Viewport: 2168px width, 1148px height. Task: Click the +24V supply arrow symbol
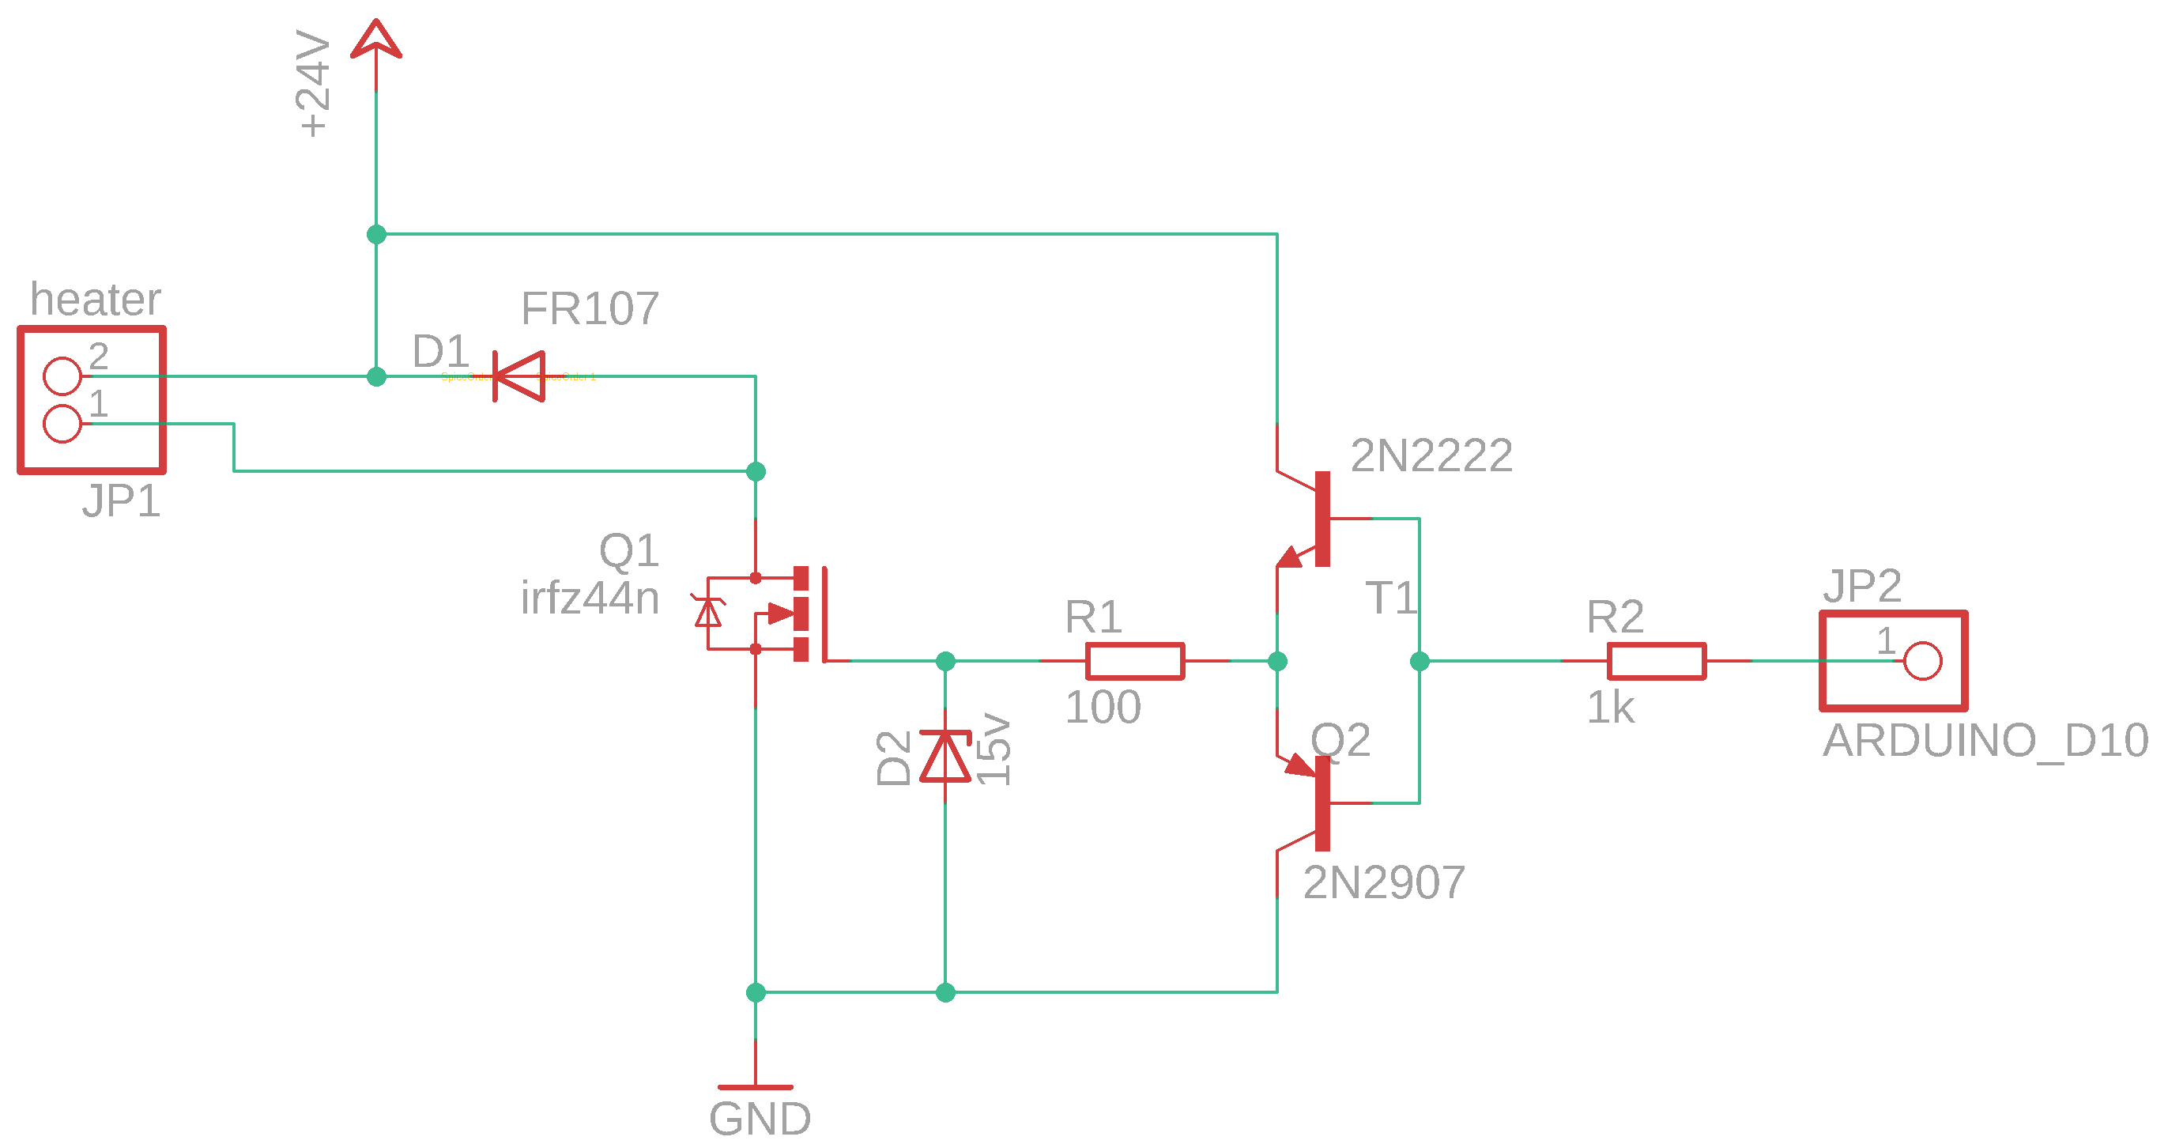(x=375, y=40)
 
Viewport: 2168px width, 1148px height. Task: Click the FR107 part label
(x=589, y=308)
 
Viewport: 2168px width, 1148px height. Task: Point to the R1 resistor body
(x=1134, y=662)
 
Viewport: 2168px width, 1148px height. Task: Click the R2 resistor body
(x=1657, y=662)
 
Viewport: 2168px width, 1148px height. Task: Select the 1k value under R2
(x=1609, y=707)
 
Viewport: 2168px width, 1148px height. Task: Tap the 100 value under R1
(x=1103, y=707)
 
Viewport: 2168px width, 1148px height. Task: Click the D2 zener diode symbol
(x=945, y=757)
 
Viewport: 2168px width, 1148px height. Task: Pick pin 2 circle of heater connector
(x=62, y=376)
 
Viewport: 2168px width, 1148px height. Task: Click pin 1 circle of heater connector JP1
(x=62, y=423)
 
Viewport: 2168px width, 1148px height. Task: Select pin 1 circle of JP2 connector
(x=1922, y=662)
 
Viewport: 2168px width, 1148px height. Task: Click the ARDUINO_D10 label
(x=1985, y=741)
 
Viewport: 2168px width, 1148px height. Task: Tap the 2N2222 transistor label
(x=1431, y=455)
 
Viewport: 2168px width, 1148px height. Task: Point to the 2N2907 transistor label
(x=1384, y=883)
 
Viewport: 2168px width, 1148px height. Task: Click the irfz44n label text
(x=589, y=599)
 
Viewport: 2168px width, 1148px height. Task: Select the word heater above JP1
(x=95, y=300)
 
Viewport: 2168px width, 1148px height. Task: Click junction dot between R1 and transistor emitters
(x=1276, y=662)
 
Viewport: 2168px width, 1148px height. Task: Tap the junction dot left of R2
(x=1419, y=662)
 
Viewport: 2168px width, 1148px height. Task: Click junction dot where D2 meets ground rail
(x=945, y=993)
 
